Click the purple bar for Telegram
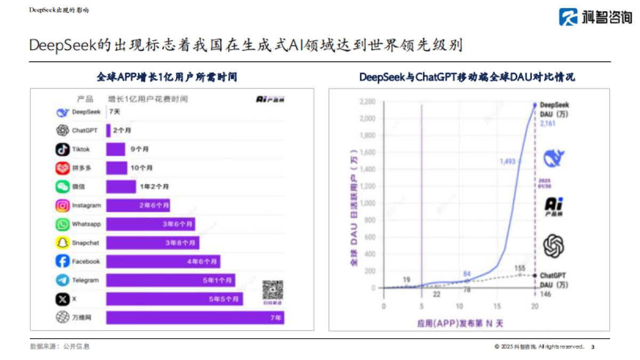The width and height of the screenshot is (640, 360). coord(171,280)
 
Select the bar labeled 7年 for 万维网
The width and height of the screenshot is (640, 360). coord(195,318)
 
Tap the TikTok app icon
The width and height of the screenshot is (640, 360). coord(62,149)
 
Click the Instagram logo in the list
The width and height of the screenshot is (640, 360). coord(62,205)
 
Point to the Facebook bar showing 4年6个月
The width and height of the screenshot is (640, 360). coord(163,261)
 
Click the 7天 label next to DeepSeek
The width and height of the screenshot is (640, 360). coord(114,112)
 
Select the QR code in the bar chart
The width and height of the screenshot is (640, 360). coord(273,290)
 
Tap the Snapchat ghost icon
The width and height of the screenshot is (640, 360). coord(62,243)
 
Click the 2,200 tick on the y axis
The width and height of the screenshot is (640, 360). coord(367,101)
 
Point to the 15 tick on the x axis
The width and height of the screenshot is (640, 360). coord(497,307)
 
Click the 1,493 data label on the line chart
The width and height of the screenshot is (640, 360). coord(507,161)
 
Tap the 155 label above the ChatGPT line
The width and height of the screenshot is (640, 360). coord(520,268)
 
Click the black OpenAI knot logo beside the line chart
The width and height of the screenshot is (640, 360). coord(554,246)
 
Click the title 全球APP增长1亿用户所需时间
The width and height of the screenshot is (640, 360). coord(167,77)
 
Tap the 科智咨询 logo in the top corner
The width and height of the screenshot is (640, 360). coord(595,17)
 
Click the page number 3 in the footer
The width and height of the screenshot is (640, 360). coord(593,347)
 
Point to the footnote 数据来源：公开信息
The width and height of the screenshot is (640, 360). coord(60,346)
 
